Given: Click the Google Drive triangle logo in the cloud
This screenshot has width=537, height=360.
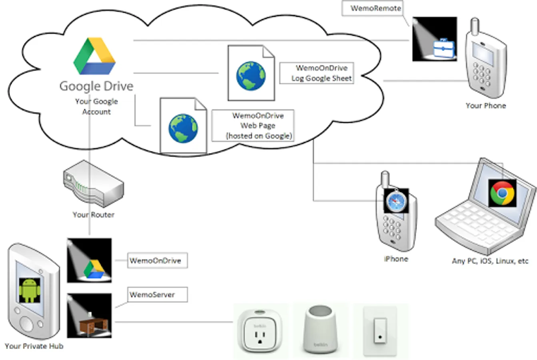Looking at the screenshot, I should point(95,56).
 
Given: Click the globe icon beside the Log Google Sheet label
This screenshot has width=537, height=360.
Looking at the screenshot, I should point(251,76).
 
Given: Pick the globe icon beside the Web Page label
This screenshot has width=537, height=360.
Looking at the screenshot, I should point(183,128).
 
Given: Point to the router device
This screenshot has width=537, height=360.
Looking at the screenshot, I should point(94,184).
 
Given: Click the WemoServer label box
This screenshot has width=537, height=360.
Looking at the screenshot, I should point(157,295).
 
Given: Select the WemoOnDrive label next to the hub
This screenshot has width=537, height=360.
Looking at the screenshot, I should point(157,261).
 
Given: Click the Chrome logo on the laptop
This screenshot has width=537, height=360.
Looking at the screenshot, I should point(502,193).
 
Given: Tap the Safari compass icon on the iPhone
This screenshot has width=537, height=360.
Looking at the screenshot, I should point(396,200).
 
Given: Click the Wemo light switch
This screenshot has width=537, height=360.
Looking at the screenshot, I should point(380,330).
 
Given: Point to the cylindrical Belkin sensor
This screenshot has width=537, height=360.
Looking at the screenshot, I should point(321,330).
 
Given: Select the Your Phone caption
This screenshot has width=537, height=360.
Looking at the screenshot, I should point(485,106).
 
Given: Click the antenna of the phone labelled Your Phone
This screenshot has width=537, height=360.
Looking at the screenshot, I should point(474,26).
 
